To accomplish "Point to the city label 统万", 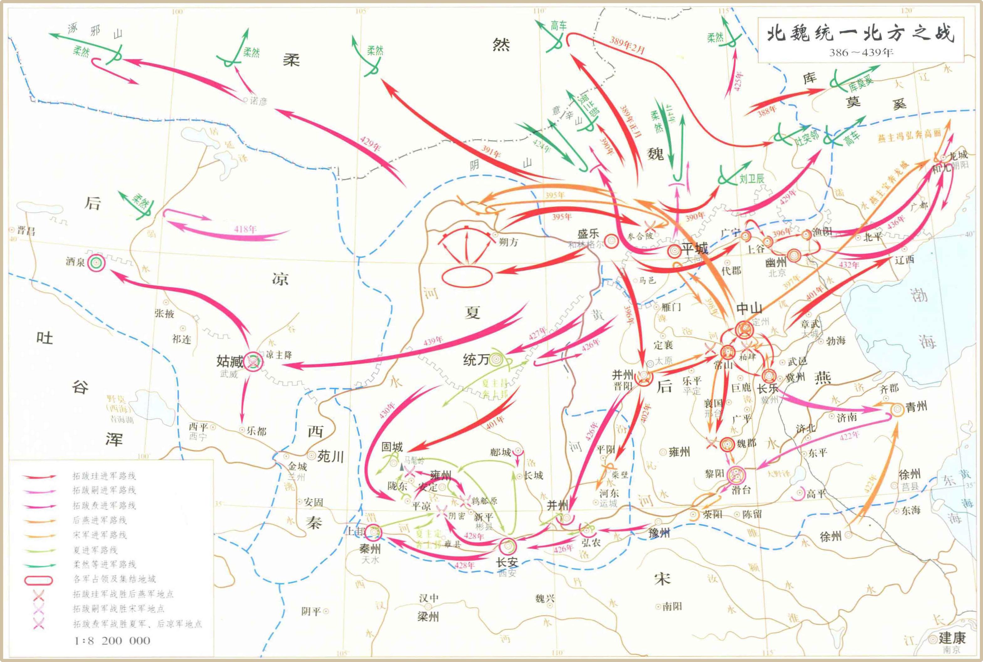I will (476, 360).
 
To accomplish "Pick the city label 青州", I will (916, 407).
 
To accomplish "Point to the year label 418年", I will (245, 229).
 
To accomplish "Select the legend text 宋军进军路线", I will (100, 535).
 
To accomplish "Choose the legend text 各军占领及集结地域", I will (114, 579).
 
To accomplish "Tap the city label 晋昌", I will (26, 231).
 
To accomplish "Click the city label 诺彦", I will (259, 101).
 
